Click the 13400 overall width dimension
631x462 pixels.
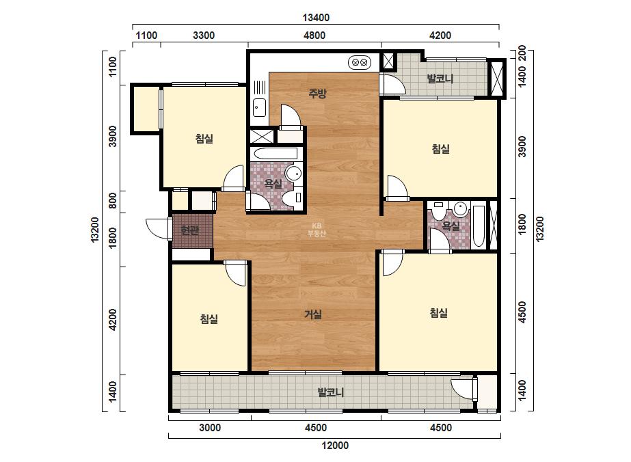click(316, 18)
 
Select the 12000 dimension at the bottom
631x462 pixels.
click(335, 446)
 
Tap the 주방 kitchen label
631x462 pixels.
click(317, 94)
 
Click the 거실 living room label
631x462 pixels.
click(312, 314)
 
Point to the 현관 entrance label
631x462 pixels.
click(189, 230)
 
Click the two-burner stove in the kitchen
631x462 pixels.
click(360, 62)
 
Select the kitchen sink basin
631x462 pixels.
click(259, 107)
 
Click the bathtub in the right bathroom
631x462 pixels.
click(479, 226)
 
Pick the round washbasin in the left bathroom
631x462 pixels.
click(293, 173)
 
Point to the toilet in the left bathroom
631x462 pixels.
click(291, 199)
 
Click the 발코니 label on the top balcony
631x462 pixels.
click(440, 79)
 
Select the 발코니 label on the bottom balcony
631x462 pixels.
click(331, 392)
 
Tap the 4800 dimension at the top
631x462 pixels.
click(314, 36)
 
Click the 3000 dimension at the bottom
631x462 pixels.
click(210, 427)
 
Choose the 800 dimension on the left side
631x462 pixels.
click(113, 201)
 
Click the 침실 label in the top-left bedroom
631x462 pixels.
click(204, 139)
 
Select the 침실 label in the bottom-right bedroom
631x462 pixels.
click(439, 313)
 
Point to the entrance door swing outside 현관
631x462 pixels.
click(157, 228)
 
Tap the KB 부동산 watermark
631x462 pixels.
click(317, 230)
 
